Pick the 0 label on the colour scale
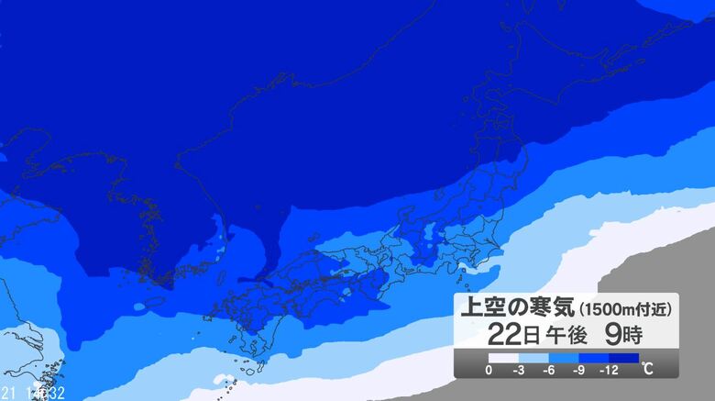pos(489,371)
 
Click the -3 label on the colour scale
pos(520,371)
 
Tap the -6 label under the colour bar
pos(549,371)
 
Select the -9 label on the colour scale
pos(579,371)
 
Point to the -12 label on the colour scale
pos(609,371)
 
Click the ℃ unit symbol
pos(649,370)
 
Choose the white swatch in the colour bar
pos(503,359)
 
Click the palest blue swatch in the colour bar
pos(533,359)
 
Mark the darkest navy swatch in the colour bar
pos(623,359)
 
